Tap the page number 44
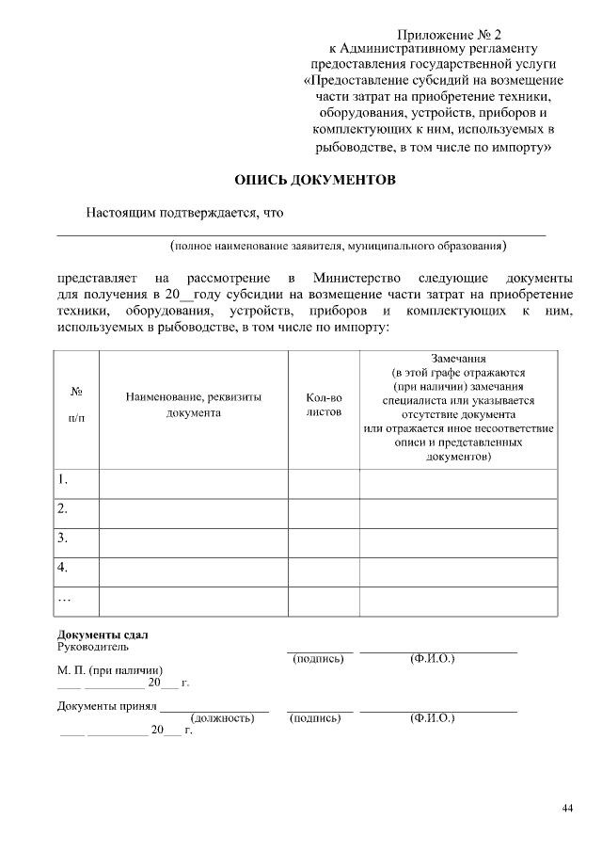(x=566, y=808)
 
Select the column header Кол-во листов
(x=324, y=405)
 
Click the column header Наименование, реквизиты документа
(x=193, y=405)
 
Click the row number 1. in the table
(x=63, y=479)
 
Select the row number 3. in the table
(x=63, y=538)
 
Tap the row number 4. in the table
(x=63, y=567)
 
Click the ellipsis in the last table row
(x=64, y=597)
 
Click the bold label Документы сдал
(x=103, y=635)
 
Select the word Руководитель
(x=93, y=647)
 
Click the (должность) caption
(x=223, y=718)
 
